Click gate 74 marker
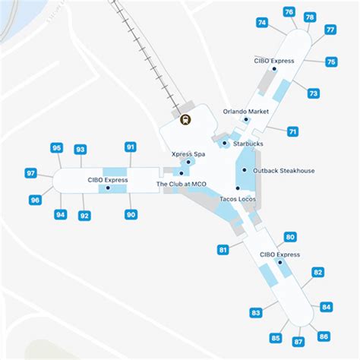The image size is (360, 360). pyautogui.click(x=262, y=23)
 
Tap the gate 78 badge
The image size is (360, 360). pyautogui.click(x=310, y=17)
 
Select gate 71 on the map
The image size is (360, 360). pyautogui.click(x=292, y=131)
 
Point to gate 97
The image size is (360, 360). pyautogui.click(x=31, y=174)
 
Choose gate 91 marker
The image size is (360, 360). pyautogui.click(x=131, y=147)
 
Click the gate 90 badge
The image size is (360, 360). pyautogui.click(x=131, y=215)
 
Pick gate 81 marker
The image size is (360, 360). pyautogui.click(x=223, y=250)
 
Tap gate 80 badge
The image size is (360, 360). pyautogui.click(x=289, y=237)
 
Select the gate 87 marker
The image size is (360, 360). pyautogui.click(x=298, y=342)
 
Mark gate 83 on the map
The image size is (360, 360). pyautogui.click(x=255, y=313)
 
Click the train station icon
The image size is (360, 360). pyautogui.click(x=185, y=118)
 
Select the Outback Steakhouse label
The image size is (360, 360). pyautogui.click(x=283, y=171)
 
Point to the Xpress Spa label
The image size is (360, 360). pyautogui.click(x=188, y=154)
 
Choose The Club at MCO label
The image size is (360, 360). pyautogui.click(x=182, y=184)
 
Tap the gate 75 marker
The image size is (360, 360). pyautogui.click(x=331, y=62)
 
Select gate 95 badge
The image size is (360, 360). pyautogui.click(x=57, y=147)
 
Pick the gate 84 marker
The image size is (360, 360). pyautogui.click(x=327, y=308)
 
